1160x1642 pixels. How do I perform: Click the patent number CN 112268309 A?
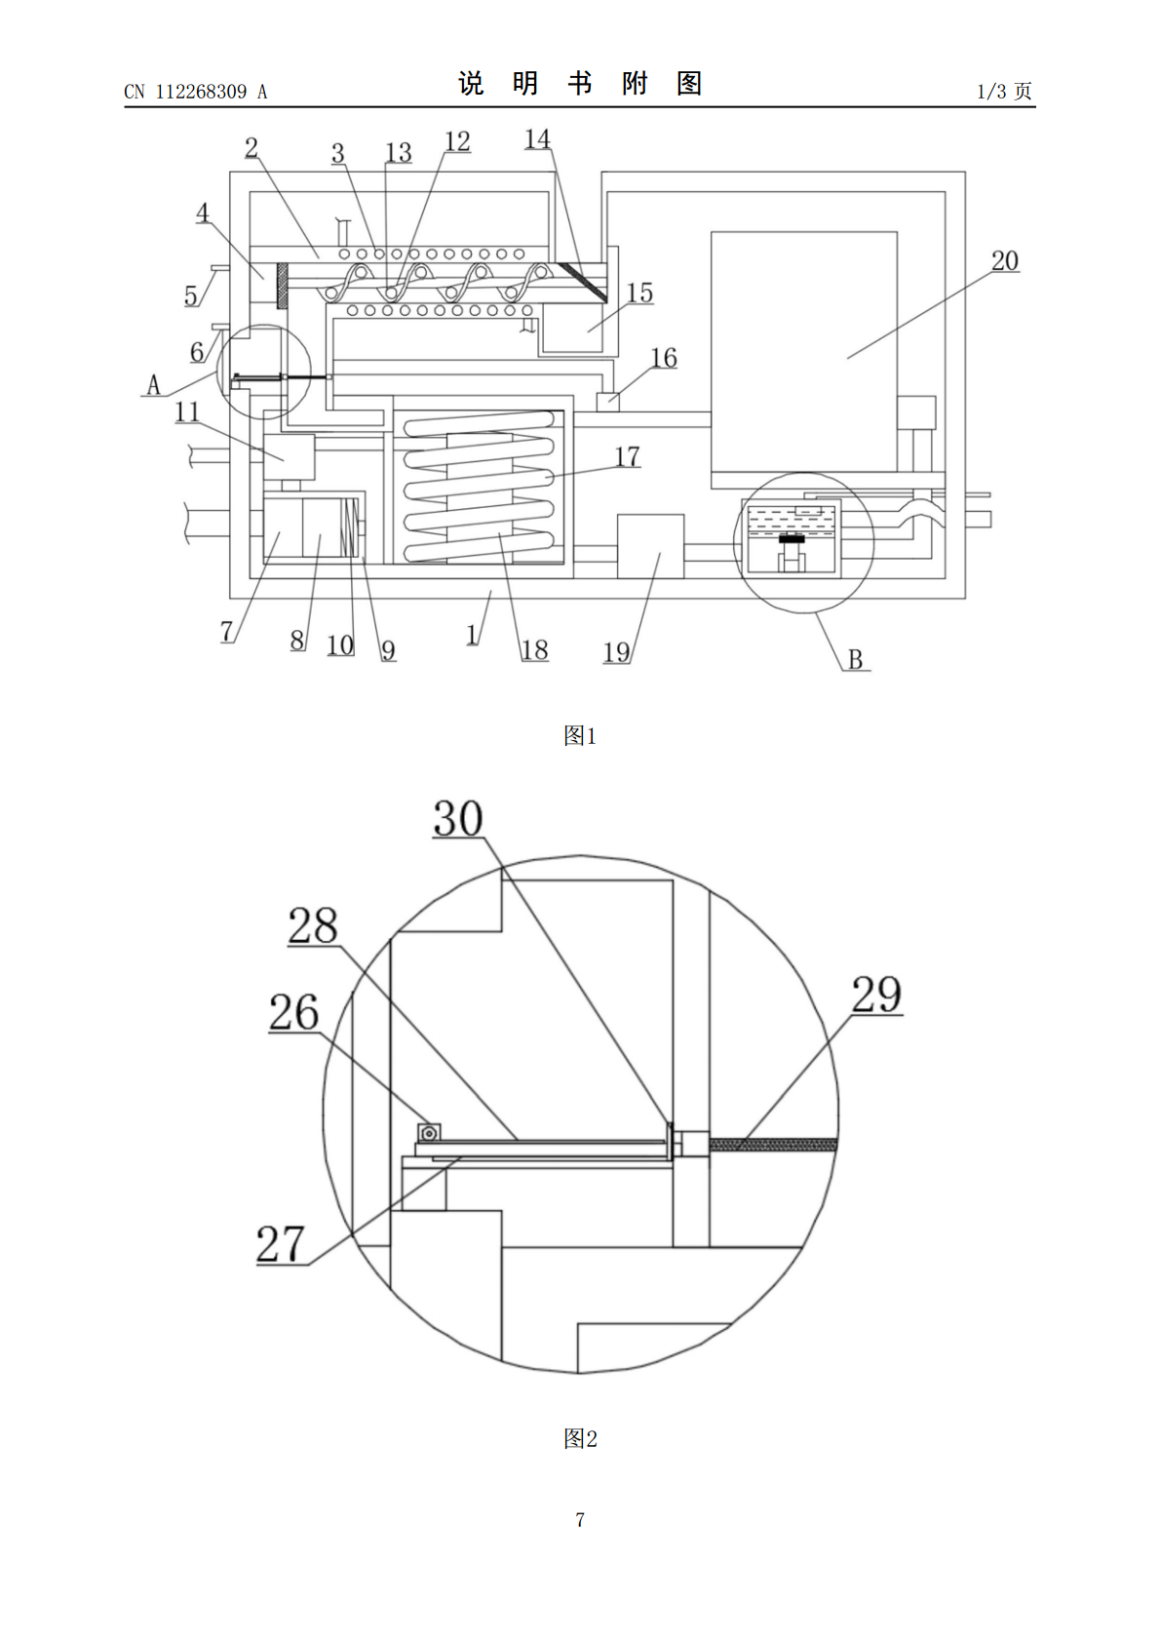coord(195,92)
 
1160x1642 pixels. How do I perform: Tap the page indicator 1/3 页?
coord(1004,91)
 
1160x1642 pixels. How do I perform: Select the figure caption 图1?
coord(580,735)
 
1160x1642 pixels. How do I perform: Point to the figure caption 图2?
coord(580,1438)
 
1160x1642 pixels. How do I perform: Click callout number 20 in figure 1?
coord(1005,261)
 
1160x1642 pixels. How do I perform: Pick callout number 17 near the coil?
coord(627,456)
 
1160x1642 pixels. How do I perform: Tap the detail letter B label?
coord(855,659)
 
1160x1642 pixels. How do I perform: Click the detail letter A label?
coord(153,384)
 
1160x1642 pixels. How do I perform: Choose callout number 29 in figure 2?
coord(876,994)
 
